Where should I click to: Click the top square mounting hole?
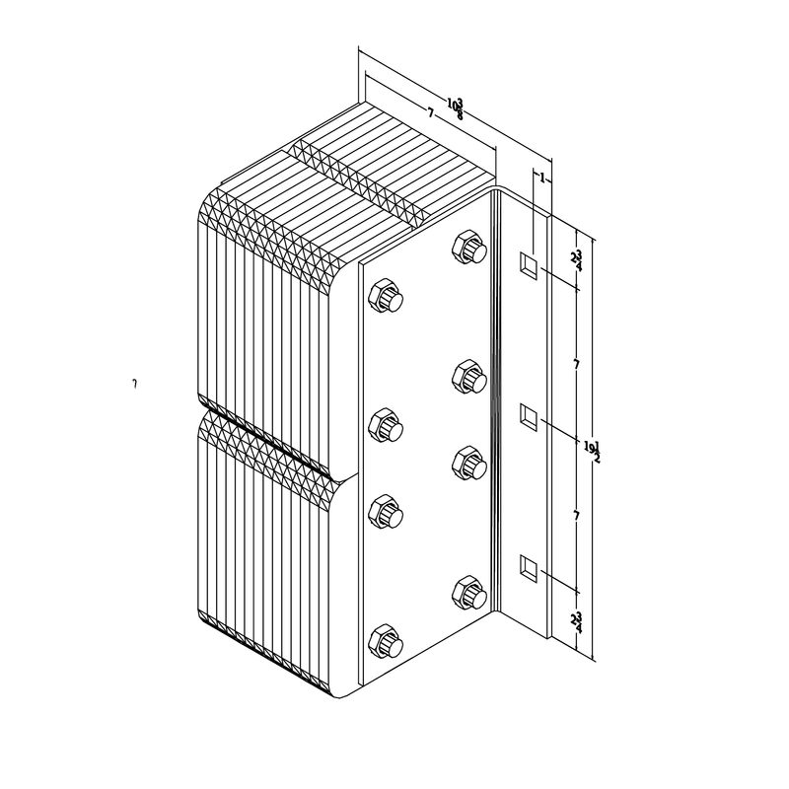(x=528, y=263)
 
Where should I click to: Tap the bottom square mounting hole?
(x=528, y=567)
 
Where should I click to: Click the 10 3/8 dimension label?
(x=456, y=108)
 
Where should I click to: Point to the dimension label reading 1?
(x=541, y=178)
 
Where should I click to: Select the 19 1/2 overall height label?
(x=592, y=451)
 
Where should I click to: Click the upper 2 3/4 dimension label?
(x=576, y=260)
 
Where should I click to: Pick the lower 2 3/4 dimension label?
(x=576, y=621)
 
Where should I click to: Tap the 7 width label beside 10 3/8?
(x=431, y=114)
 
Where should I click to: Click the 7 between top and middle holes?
(x=576, y=365)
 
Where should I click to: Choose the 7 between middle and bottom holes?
(x=576, y=516)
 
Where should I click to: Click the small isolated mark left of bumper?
(x=134, y=382)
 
